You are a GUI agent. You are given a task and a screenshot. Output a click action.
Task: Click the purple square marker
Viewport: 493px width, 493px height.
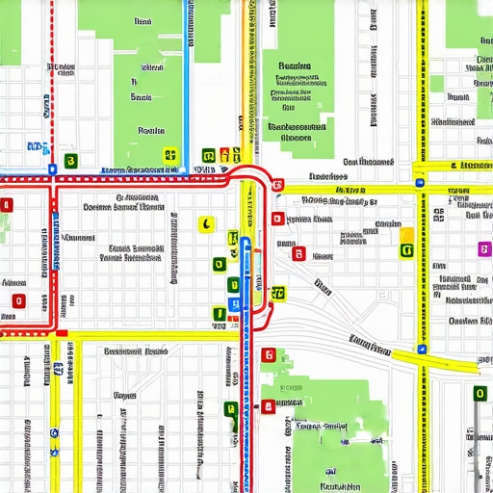(484, 249)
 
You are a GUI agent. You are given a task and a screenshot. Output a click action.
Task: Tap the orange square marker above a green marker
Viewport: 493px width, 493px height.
(406, 235)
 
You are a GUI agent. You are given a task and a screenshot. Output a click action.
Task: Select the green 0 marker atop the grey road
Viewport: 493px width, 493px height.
(479, 393)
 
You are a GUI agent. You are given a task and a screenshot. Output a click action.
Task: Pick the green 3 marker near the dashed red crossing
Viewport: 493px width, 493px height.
(69, 161)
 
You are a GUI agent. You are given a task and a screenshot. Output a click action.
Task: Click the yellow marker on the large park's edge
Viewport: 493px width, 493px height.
(170, 154)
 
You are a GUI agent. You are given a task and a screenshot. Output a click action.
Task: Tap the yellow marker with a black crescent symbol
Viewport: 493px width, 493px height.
(205, 224)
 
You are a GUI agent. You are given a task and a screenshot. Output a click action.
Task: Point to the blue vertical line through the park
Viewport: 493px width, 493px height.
(185, 77)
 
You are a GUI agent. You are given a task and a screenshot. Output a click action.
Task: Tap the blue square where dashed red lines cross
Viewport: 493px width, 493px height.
(51, 168)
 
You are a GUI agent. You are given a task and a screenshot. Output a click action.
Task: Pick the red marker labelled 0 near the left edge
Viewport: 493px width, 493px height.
(17, 301)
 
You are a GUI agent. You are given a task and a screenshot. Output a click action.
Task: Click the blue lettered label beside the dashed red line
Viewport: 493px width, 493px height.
(37, 146)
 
